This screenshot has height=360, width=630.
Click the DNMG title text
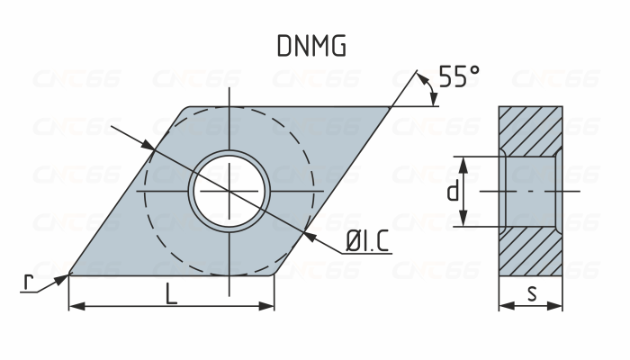310,47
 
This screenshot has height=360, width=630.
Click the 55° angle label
459,76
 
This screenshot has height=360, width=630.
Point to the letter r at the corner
28,283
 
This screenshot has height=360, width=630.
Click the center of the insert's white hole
229,191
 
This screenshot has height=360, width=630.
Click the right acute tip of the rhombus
391,109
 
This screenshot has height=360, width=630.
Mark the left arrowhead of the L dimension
75,306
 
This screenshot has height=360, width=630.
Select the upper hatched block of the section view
531,130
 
